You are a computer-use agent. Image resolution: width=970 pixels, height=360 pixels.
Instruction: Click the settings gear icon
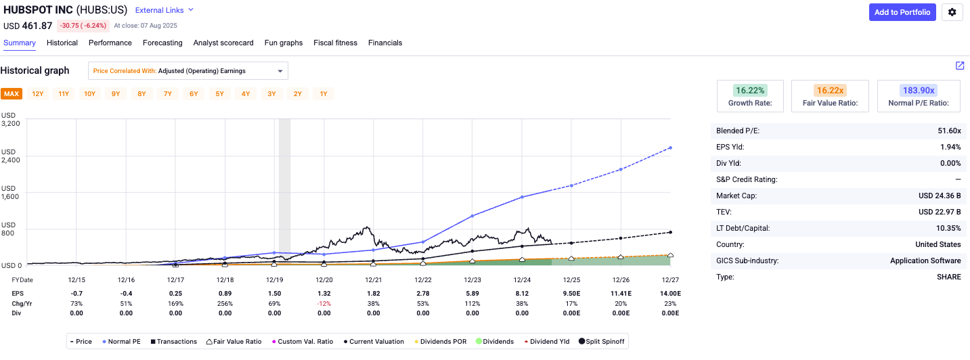(x=952, y=12)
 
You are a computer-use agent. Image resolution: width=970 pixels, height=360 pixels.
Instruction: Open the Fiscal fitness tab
(x=335, y=43)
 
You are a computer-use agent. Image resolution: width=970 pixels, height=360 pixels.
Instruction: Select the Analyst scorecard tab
(x=223, y=43)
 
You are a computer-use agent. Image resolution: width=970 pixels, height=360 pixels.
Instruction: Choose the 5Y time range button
(x=220, y=94)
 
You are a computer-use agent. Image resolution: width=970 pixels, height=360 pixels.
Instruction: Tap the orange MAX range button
(x=12, y=94)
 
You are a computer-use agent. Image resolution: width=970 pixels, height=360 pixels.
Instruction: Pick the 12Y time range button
(x=38, y=94)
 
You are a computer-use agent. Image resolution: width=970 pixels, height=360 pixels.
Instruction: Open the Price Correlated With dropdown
(x=188, y=71)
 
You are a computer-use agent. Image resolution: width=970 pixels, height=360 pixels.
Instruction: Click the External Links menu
(x=164, y=10)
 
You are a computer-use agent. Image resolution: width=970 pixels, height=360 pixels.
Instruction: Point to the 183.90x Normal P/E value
(x=918, y=91)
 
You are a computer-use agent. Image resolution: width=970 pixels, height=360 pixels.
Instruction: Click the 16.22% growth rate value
(x=750, y=91)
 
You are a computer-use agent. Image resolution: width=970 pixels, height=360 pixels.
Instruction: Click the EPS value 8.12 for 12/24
(x=522, y=293)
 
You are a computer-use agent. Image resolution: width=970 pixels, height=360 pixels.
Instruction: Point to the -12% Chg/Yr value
(x=324, y=303)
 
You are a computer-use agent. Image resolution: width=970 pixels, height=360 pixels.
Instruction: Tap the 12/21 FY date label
(x=373, y=280)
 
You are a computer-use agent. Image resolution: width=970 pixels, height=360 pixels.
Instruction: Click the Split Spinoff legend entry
(x=602, y=342)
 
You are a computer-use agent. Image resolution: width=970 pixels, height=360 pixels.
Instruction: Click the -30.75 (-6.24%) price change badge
(x=84, y=26)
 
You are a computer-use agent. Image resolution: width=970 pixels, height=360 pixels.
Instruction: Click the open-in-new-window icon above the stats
(x=960, y=66)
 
